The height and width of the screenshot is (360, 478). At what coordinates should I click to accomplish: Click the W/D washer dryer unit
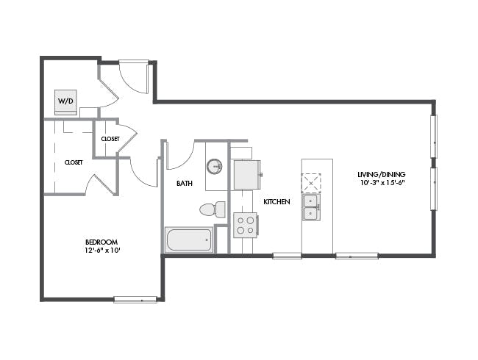pos(65,102)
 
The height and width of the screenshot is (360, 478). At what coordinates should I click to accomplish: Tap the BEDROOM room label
pos(101,242)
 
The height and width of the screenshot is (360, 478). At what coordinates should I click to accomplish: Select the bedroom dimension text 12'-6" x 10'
pos(101,251)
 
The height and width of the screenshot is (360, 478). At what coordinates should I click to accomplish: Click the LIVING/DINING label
pos(382,175)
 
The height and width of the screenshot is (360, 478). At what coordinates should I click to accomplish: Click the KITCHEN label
pos(277,201)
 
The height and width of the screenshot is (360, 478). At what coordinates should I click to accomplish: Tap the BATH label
pos(185,184)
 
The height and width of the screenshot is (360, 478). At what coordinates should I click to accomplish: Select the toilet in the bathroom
pos(213,209)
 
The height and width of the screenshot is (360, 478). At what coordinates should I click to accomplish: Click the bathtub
pos(189,240)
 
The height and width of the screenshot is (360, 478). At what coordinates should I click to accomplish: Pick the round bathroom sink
pos(215,166)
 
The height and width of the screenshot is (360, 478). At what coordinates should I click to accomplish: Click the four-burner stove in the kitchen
pos(246,225)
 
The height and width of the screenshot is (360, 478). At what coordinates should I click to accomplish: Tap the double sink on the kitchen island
pos(311,207)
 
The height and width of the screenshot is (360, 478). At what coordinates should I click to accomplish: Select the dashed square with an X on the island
pos(311,183)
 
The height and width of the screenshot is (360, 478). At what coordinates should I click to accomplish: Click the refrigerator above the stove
pos(247,175)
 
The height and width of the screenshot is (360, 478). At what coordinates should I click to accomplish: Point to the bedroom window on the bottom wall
pos(135,300)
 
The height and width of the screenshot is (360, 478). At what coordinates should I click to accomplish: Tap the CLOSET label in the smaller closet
pos(110,139)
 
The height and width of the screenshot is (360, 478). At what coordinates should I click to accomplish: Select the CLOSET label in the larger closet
pos(74,162)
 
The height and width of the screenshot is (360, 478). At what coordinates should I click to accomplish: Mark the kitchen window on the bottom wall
pos(287,256)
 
